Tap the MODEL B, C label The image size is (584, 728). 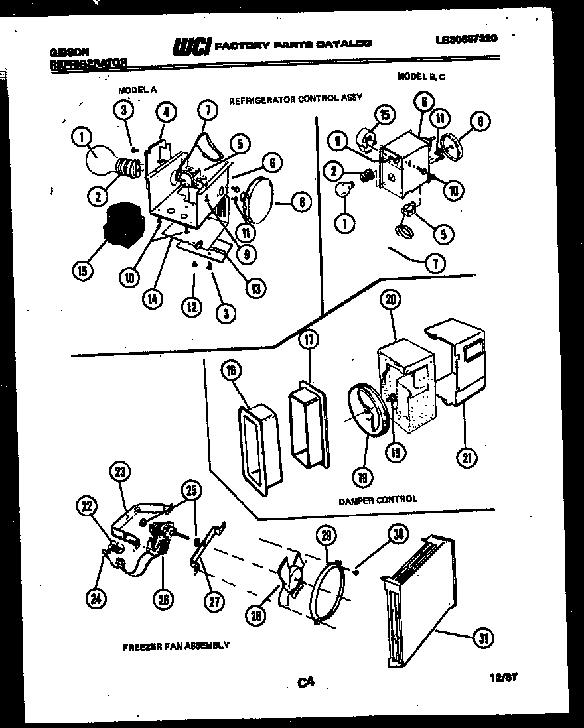(x=421, y=76)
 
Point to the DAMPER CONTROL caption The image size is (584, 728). (x=378, y=499)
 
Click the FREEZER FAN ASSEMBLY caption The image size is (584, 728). (x=176, y=645)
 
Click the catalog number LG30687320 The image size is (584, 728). (x=467, y=39)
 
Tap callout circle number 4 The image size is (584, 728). (x=166, y=112)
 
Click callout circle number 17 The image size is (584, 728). (x=309, y=340)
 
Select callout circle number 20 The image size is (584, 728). (x=390, y=300)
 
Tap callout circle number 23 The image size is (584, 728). (x=119, y=472)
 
